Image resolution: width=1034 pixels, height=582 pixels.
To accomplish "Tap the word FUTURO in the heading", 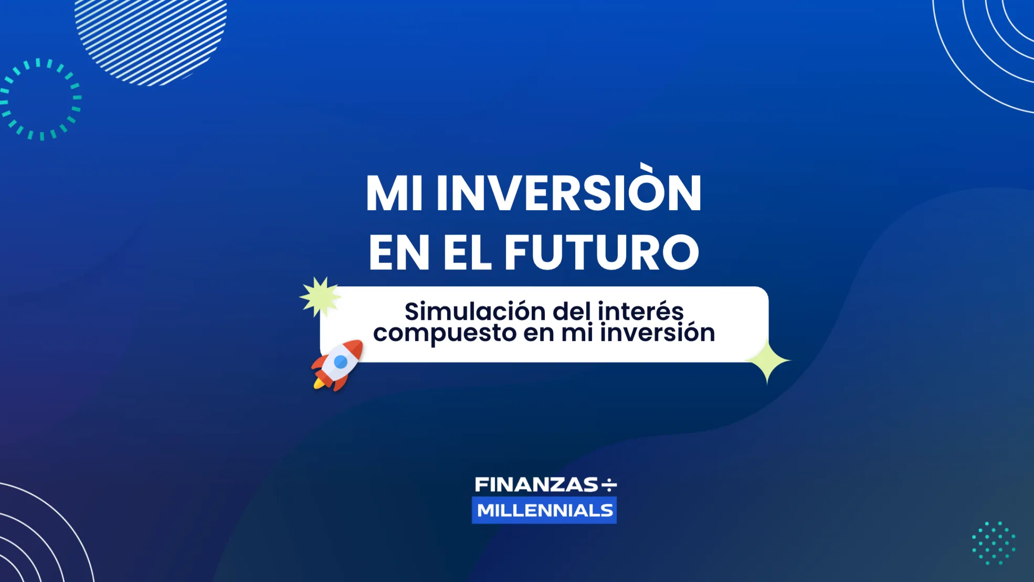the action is click(x=602, y=253).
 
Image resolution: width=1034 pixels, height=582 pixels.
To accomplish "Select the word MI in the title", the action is click(x=394, y=193).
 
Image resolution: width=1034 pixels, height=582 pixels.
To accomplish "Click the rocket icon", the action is click(x=337, y=365).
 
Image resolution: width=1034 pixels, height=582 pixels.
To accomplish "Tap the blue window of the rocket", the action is click(x=341, y=361).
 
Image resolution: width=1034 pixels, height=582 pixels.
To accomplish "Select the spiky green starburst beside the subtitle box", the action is click(x=320, y=297).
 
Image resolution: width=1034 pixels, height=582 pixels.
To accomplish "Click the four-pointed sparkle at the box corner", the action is click(x=767, y=361).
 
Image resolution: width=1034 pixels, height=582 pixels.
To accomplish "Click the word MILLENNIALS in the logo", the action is click(x=545, y=511).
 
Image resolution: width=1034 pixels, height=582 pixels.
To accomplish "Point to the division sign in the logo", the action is click(x=609, y=485).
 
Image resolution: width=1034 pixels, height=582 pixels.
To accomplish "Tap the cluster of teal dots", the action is click(x=993, y=543).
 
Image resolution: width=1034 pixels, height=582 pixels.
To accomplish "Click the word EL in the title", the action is click(x=467, y=253).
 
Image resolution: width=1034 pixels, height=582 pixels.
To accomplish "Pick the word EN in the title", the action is click(x=399, y=253).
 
